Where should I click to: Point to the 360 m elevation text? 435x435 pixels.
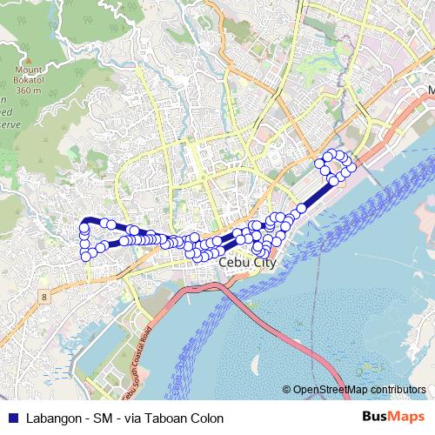pos(29,89)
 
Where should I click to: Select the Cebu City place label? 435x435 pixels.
pos(248,261)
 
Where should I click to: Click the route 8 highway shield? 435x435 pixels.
pos(43,297)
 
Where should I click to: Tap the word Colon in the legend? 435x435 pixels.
pos(209,418)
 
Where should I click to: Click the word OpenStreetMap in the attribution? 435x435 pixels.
pos(330,391)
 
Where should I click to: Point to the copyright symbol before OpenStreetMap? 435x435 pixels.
pos(287,391)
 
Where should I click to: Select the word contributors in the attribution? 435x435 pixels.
pos(397,391)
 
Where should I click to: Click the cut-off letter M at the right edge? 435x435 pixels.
pos(431,90)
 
